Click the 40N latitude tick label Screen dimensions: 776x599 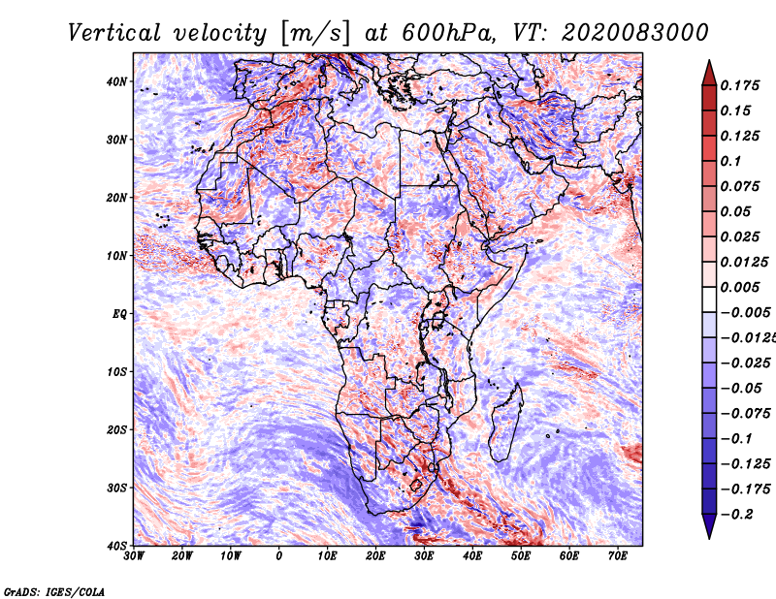pyautogui.click(x=116, y=81)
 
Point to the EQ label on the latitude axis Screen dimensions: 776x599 pyautogui.click(x=119, y=314)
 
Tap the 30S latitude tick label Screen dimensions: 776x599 pyautogui.click(x=116, y=488)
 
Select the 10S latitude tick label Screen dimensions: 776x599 pyautogui.click(x=116, y=371)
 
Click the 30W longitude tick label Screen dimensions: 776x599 pyautogui.click(x=134, y=556)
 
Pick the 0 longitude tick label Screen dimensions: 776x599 pyautogui.click(x=279, y=556)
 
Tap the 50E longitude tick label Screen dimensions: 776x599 pyautogui.click(x=521, y=556)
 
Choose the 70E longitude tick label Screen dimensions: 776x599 pyautogui.click(x=617, y=556)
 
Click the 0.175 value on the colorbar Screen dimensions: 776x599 pyautogui.click(x=739, y=85)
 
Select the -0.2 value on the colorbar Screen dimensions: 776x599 pyautogui.click(x=736, y=514)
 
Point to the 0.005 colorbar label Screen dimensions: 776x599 pyautogui.click(x=739, y=287)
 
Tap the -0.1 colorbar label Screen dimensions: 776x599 pyautogui.click(x=736, y=438)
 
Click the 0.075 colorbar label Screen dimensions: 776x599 pyautogui.click(x=739, y=186)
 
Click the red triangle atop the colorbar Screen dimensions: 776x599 pyautogui.click(x=709, y=74)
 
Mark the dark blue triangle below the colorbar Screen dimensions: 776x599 pyautogui.click(x=709, y=526)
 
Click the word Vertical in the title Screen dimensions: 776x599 pyautogui.click(x=113, y=33)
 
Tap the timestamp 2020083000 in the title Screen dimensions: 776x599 pyautogui.click(x=635, y=33)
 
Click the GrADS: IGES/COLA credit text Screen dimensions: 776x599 pyautogui.click(x=54, y=591)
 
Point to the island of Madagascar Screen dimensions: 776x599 pyautogui.click(x=506, y=421)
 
